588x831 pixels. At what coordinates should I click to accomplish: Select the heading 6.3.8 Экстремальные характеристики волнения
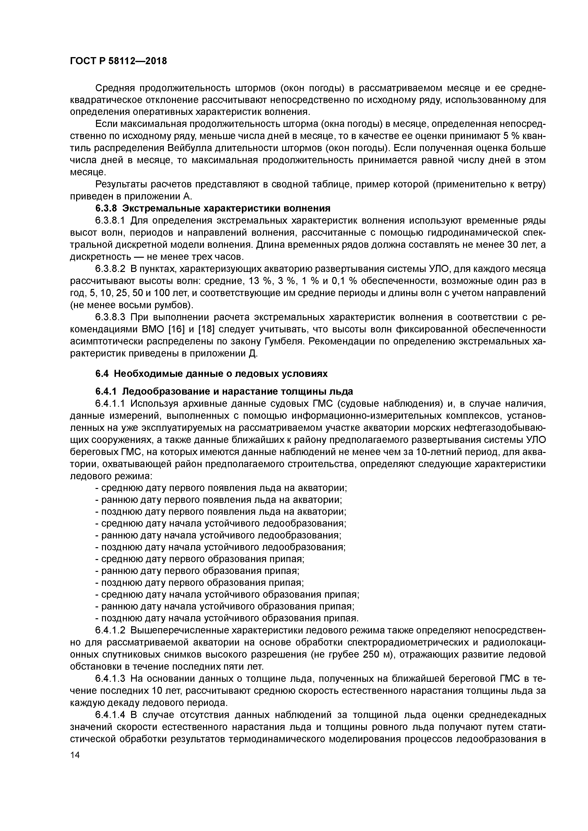click(x=213, y=208)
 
